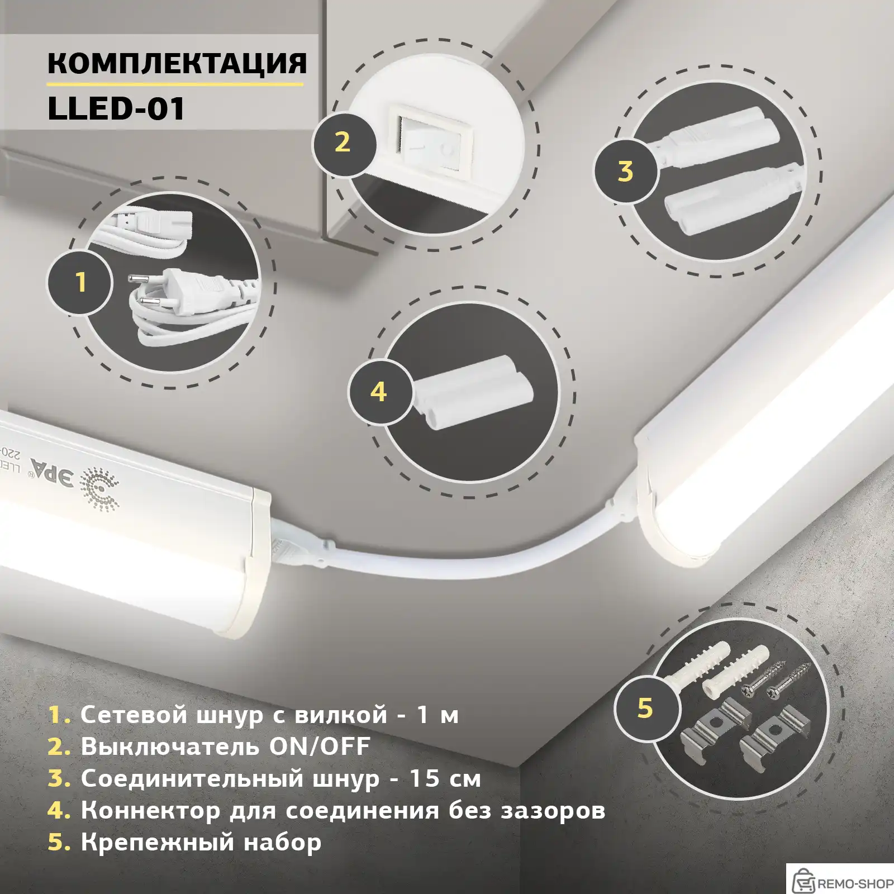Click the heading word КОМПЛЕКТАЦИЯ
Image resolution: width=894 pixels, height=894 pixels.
[x=177, y=63]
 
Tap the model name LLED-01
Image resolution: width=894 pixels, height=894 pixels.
[x=116, y=108]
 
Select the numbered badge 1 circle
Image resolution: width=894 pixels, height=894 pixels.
[x=80, y=282]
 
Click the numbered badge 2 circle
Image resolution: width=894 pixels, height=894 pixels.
[x=343, y=142]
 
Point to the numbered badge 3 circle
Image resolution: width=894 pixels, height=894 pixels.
[x=625, y=171]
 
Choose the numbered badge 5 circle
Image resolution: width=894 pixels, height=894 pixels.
[x=645, y=708]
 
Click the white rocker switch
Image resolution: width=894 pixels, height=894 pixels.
[x=434, y=146]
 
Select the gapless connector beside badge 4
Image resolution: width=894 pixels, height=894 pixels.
[x=472, y=391]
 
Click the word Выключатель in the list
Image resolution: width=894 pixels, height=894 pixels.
[x=170, y=747]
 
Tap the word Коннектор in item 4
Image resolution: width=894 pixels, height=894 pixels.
[x=150, y=810]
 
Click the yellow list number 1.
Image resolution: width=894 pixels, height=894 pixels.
[x=58, y=715]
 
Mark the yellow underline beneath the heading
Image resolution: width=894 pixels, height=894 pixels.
[x=174, y=84]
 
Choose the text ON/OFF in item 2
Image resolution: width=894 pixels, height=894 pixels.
[x=320, y=747]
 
